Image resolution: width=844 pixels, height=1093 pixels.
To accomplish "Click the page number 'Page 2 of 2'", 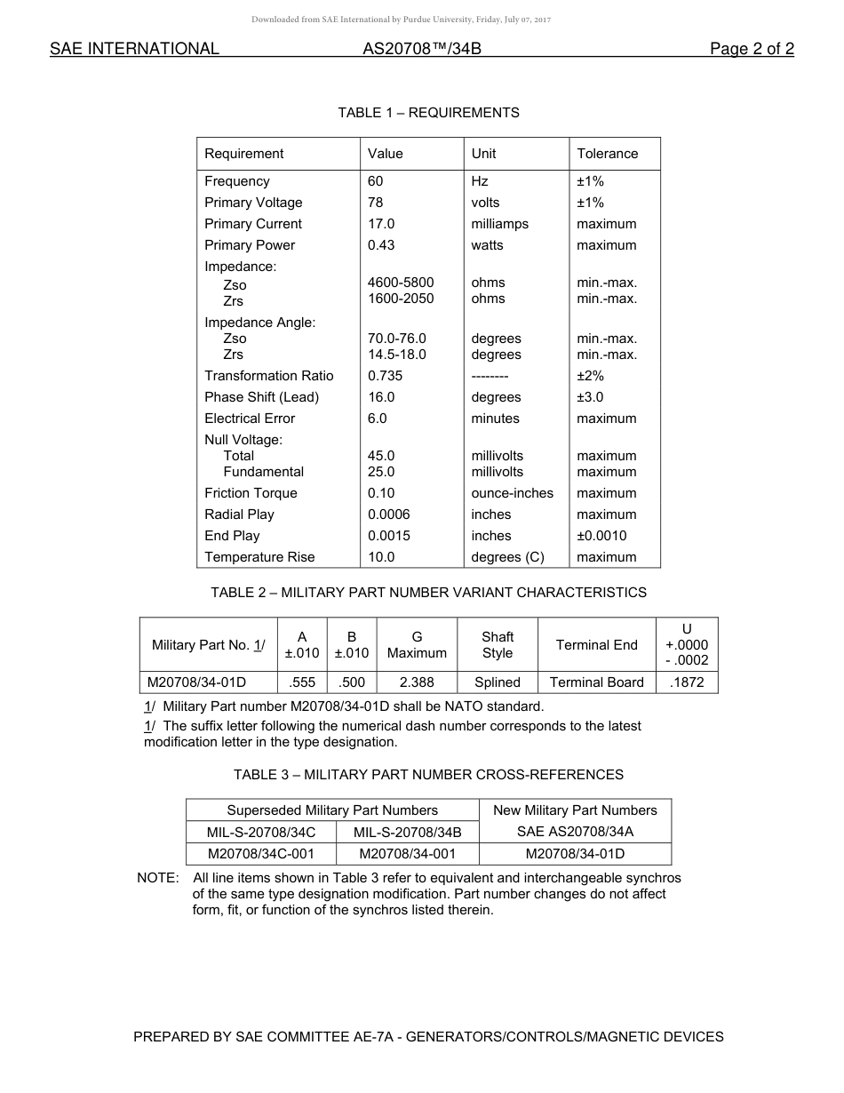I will tap(752, 49).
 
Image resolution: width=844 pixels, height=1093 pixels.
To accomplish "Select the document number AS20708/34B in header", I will tap(421, 49).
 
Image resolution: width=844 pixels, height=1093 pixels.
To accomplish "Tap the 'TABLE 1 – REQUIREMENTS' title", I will tap(428, 113).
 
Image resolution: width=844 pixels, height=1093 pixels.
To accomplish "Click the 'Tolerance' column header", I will tap(607, 154).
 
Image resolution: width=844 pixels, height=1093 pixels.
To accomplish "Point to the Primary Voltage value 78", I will tap(376, 203).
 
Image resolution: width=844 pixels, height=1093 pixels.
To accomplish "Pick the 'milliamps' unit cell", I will tap(499, 224).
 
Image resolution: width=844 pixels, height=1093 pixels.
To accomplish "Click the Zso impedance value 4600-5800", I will tap(401, 283).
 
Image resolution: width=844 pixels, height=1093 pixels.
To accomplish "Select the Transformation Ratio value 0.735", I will tap(385, 376).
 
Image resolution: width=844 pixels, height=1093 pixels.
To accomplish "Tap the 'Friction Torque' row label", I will tap(251, 493).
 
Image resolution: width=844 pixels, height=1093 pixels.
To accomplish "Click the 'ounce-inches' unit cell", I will tap(512, 493).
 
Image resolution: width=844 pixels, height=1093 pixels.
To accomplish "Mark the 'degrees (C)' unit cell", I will tap(507, 557).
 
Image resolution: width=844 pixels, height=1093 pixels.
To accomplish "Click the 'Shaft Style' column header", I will tap(498, 644).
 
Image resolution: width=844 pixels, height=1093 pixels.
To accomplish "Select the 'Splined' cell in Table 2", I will tap(498, 682).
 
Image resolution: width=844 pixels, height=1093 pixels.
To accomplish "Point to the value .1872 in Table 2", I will tap(687, 682).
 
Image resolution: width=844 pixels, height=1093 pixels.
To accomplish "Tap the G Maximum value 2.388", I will tap(417, 682).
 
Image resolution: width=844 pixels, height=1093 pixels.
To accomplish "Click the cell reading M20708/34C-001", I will tap(261, 854).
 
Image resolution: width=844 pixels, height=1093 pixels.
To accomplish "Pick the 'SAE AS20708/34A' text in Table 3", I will tap(575, 832).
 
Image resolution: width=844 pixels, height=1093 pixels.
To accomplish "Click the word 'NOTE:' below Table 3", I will tap(158, 878).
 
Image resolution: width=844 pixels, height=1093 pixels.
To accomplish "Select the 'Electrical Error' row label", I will tap(250, 419).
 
